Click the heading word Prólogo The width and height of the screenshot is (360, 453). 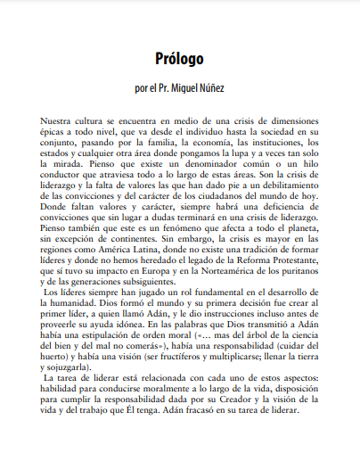coord(179,60)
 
